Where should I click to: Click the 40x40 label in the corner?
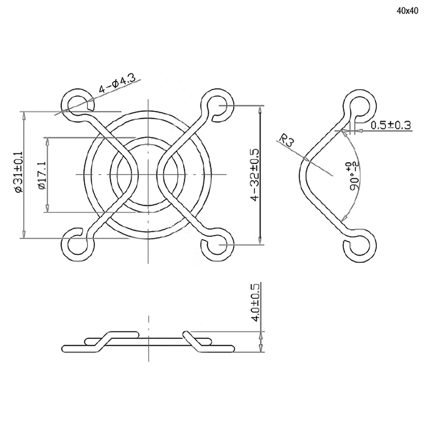[x=407, y=11]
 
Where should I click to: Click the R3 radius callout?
[x=287, y=139]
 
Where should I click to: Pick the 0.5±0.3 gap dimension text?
[x=391, y=125]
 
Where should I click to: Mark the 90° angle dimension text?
[x=355, y=176]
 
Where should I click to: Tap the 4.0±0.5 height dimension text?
[x=255, y=302]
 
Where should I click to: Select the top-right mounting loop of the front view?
[x=217, y=105]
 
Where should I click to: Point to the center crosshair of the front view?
[x=148, y=174]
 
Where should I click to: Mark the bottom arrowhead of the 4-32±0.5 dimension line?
[x=260, y=241]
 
